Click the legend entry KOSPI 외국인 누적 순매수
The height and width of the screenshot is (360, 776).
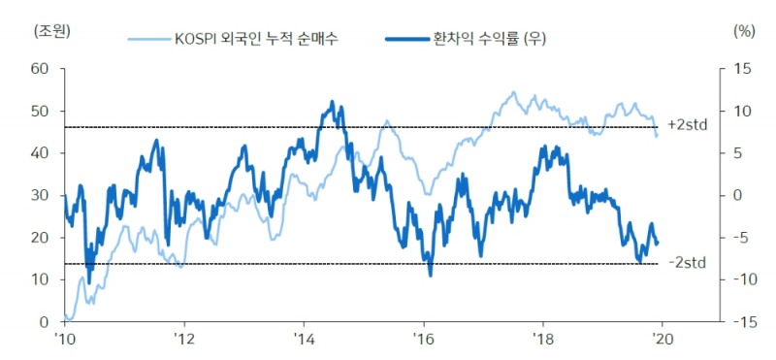[x=256, y=39]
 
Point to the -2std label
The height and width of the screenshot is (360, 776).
[x=687, y=263]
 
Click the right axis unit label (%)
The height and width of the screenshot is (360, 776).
[x=743, y=30]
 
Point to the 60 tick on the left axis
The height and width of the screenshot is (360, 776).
[x=40, y=69]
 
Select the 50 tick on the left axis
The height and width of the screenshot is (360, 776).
[x=40, y=111]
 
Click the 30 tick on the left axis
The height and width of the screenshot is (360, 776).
[x=40, y=195]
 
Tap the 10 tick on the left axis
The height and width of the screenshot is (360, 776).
[x=40, y=279]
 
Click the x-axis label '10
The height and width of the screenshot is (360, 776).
[x=64, y=339]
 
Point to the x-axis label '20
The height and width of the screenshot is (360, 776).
[x=661, y=339]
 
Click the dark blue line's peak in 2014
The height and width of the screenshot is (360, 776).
[x=332, y=101]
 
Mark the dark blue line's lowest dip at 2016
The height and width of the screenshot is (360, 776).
[x=430, y=275]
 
